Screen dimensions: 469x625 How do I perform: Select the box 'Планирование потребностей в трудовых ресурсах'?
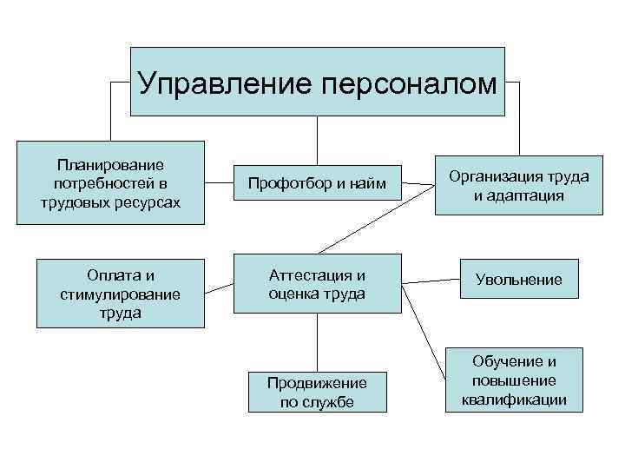[110, 182]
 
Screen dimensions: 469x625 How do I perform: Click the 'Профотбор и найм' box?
[316, 184]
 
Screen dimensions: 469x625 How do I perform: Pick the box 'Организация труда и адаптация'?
[519, 185]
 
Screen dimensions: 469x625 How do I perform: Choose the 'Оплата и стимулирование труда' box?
[120, 294]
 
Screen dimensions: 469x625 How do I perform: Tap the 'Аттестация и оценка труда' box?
[317, 284]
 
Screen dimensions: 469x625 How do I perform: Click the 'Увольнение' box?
[519, 280]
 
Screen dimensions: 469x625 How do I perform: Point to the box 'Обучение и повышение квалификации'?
[519, 380]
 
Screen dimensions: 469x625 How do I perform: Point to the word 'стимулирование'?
[120, 294]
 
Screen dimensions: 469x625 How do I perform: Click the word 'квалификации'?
[519, 400]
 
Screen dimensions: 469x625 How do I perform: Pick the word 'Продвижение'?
[317, 383]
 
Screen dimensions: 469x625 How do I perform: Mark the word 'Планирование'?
[110, 163]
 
